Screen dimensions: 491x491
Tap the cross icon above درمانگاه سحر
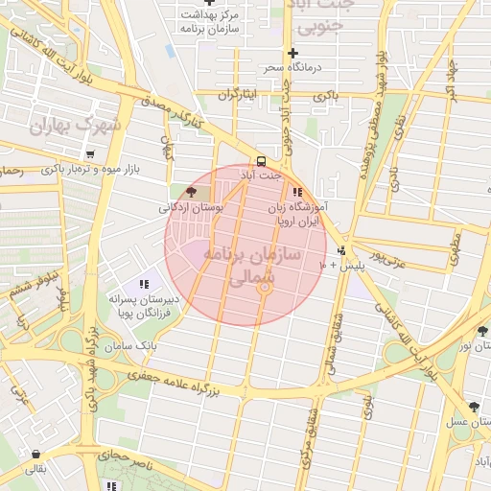pyautogui.click(x=293, y=53)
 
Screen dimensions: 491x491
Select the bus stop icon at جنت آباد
pyautogui.click(x=261, y=161)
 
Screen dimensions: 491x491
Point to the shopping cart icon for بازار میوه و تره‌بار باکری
pyautogui.click(x=89, y=154)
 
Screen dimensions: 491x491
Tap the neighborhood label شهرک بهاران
pyautogui.click(x=76, y=126)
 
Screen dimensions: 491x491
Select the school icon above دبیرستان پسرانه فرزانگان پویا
pyautogui.click(x=144, y=284)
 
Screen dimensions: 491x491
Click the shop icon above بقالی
pyautogui.click(x=35, y=455)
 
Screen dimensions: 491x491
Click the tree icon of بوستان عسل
pyautogui.click(x=480, y=404)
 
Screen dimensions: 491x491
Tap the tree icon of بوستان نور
pyautogui.click(x=480, y=333)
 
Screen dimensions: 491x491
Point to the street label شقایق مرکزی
pyautogui.click(x=309, y=437)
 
